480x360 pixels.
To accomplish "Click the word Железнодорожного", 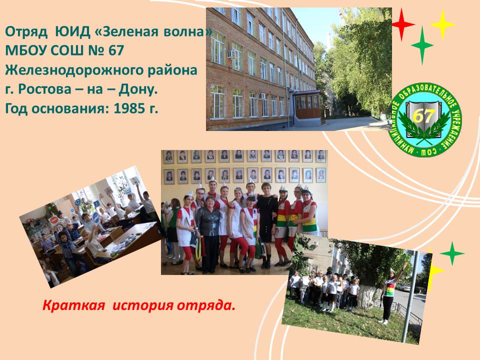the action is point(74,70).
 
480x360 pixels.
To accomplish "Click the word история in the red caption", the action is point(143,305).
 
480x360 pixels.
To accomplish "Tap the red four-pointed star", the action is point(403,24).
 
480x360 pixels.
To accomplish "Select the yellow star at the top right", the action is point(442,24).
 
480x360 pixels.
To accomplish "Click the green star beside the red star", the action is point(422,45).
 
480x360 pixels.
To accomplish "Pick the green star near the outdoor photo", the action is point(452,253).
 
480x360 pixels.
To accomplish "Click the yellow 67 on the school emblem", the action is point(423,116).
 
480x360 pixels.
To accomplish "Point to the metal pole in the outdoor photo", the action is point(410,296).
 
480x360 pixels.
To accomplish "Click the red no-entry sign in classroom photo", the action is point(54,220).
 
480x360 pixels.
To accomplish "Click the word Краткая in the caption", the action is point(73,305).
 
